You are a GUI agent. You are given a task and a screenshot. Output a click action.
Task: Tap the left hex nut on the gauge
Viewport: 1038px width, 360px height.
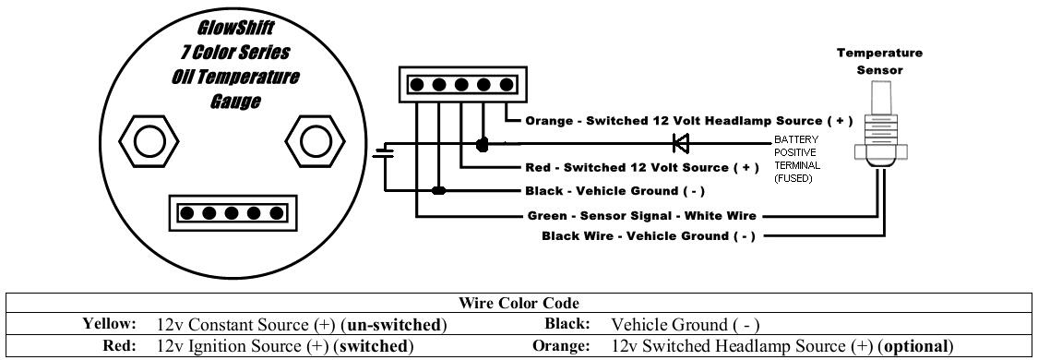point(149,140)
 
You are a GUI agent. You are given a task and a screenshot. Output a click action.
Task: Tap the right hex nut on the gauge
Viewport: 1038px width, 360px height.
point(316,140)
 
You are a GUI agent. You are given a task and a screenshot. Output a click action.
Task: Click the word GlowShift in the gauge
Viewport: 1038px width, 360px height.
point(236,30)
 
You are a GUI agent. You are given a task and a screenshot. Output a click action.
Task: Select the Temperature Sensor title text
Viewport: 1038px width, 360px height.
point(880,61)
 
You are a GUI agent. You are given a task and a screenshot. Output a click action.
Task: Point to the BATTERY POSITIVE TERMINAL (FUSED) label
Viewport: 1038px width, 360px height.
point(798,159)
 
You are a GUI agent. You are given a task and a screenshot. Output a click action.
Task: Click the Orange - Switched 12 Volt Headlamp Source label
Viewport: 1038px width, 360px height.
point(688,121)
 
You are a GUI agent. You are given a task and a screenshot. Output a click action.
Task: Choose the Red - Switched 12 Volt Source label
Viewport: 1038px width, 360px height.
point(642,167)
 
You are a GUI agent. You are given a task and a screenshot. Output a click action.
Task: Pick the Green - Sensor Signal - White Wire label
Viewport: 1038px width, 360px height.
point(641,216)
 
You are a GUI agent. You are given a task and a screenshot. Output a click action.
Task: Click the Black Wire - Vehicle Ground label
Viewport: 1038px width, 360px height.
point(648,236)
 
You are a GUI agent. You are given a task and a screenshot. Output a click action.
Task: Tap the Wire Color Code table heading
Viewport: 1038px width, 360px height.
point(519,303)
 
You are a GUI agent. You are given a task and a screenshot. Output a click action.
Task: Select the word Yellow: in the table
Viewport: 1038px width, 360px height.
point(109,324)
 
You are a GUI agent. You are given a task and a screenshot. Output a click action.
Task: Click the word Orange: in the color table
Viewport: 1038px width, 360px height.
point(561,345)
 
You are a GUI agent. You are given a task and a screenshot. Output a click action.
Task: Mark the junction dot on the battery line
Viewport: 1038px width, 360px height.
point(483,144)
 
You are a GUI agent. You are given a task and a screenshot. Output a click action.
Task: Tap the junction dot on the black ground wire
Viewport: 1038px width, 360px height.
point(438,191)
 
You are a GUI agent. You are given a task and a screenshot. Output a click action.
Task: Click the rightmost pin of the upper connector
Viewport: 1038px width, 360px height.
point(507,85)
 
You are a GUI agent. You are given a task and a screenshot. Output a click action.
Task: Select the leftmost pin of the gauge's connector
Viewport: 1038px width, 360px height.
point(186,213)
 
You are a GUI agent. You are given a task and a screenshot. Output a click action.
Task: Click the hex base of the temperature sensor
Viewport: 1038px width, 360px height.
point(879,151)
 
